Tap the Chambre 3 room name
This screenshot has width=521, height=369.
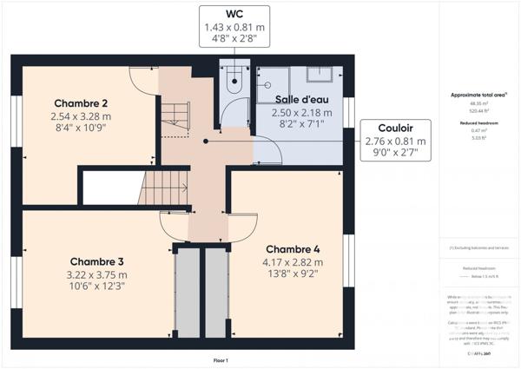pyautogui.click(x=96, y=261)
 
